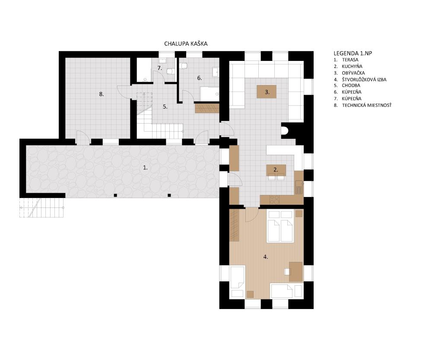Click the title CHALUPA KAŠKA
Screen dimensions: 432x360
186,44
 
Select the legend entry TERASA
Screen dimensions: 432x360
350,60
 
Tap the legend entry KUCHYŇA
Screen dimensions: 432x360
352,66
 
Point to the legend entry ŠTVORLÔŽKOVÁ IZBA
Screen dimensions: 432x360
364,80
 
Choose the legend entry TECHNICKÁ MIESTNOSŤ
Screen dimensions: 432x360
367,105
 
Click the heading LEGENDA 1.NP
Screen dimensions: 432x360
353,53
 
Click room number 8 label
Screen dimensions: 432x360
102,94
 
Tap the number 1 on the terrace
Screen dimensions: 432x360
145,167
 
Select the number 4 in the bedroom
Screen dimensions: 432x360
265,257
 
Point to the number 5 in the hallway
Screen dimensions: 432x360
165,107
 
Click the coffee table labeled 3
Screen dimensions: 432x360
267,92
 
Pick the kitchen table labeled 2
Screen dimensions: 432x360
276,170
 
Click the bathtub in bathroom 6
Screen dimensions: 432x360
210,94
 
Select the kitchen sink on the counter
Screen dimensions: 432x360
299,187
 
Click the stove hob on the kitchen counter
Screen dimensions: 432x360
274,200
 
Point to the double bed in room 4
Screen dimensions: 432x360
280,226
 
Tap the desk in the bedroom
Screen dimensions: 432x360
295,271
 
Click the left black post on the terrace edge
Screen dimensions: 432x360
115,195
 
